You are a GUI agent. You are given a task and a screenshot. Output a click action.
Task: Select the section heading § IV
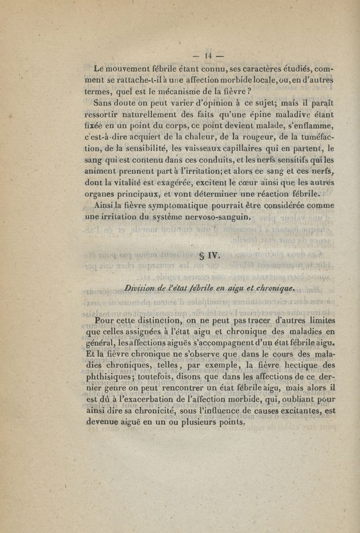point(208,257)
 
